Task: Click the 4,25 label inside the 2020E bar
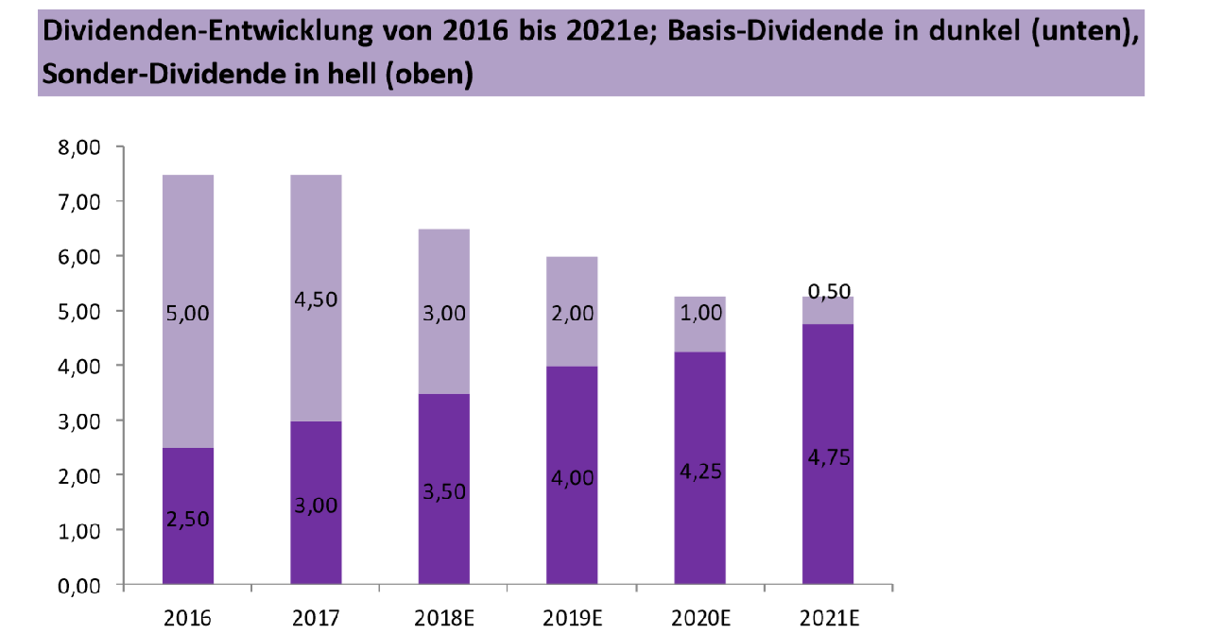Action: coord(699,472)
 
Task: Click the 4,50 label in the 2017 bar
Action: coord(316,300)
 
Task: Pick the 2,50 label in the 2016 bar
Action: coord(188,519)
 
